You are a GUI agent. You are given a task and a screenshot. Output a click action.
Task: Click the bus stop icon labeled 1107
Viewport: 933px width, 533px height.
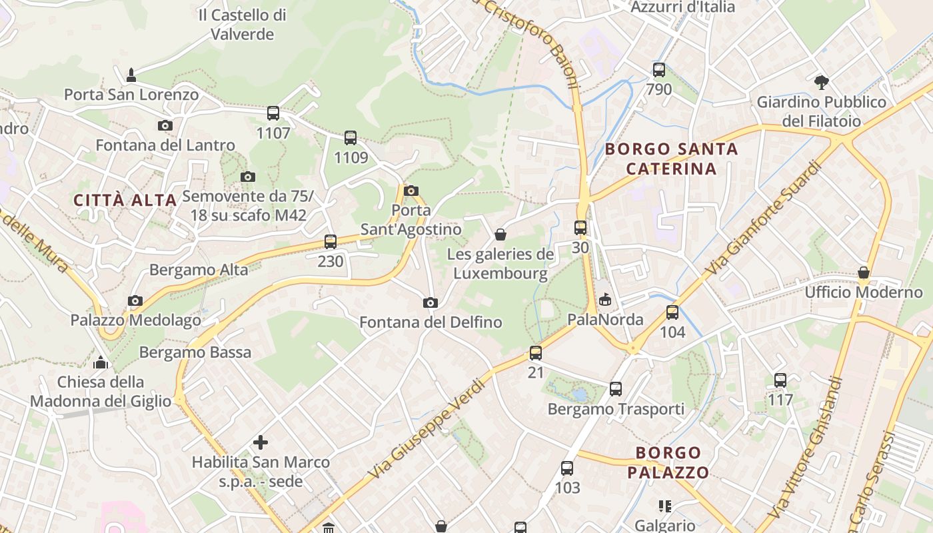[273, 113]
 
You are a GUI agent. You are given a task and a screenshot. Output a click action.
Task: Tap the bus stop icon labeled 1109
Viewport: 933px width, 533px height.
[351, 138]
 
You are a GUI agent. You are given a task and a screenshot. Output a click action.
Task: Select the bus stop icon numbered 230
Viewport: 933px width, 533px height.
[331, 242]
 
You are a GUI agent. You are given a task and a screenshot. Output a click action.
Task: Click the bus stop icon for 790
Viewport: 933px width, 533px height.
[659, 69]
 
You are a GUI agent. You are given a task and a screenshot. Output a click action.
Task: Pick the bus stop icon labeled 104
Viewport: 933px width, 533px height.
[672, 312]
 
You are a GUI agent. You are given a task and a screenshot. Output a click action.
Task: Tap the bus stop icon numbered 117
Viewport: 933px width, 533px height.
[780, 380]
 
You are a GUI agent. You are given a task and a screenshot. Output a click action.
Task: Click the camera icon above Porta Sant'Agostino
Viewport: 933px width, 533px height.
[411, 191]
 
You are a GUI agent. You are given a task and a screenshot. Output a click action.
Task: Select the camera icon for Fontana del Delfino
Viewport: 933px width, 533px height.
[431, 303]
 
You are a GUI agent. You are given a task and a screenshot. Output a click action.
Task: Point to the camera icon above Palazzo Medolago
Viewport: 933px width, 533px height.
[135, 301]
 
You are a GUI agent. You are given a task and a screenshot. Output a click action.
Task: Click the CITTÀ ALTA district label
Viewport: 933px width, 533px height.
[125, 200]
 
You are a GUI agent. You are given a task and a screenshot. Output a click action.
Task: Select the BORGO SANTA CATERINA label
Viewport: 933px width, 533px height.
[672, 159]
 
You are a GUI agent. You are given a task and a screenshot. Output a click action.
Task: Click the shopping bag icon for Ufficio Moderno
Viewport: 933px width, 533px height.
[864, 272]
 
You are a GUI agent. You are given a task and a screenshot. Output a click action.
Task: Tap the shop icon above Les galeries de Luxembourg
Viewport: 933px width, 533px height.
[500, 235]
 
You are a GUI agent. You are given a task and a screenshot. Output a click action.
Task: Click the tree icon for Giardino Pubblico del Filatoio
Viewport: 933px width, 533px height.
[822, 83]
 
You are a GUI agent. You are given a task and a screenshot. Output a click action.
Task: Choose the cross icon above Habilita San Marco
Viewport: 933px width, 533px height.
[261, 442]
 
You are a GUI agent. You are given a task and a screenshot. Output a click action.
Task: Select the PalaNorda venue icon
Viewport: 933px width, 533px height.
[605, 300]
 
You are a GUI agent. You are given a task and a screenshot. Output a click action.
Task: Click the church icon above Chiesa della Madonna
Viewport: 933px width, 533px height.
[101, 362]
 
